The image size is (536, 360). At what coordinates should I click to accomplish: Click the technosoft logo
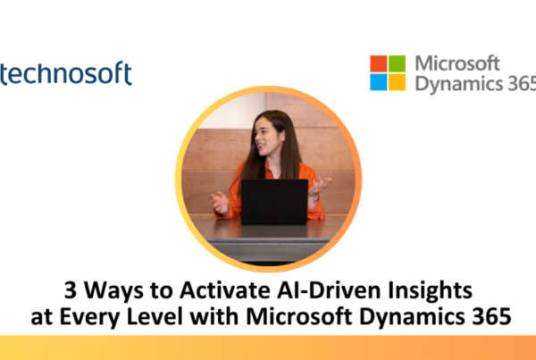[65, 73]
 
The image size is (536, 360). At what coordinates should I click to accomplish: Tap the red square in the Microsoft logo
[379, 63]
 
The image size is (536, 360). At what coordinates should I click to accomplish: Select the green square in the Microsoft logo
[397, 63]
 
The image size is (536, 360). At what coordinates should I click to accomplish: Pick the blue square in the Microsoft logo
[379, 82]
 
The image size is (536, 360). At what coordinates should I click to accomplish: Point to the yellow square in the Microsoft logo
[397, 82]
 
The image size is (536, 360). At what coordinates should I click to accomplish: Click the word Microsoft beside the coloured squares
[457, 63]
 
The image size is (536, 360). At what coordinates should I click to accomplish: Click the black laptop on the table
[274, 202]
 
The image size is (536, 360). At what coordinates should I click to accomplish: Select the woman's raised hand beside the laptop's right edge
[320, 186]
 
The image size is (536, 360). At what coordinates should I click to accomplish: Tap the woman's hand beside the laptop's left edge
[220, 203]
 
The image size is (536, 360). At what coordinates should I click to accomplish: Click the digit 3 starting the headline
[70, 290]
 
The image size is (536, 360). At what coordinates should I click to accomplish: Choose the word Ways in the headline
[113, 291]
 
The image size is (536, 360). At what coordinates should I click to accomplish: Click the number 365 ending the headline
[491, 317]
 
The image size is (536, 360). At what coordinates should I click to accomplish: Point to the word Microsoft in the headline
[298, 316]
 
